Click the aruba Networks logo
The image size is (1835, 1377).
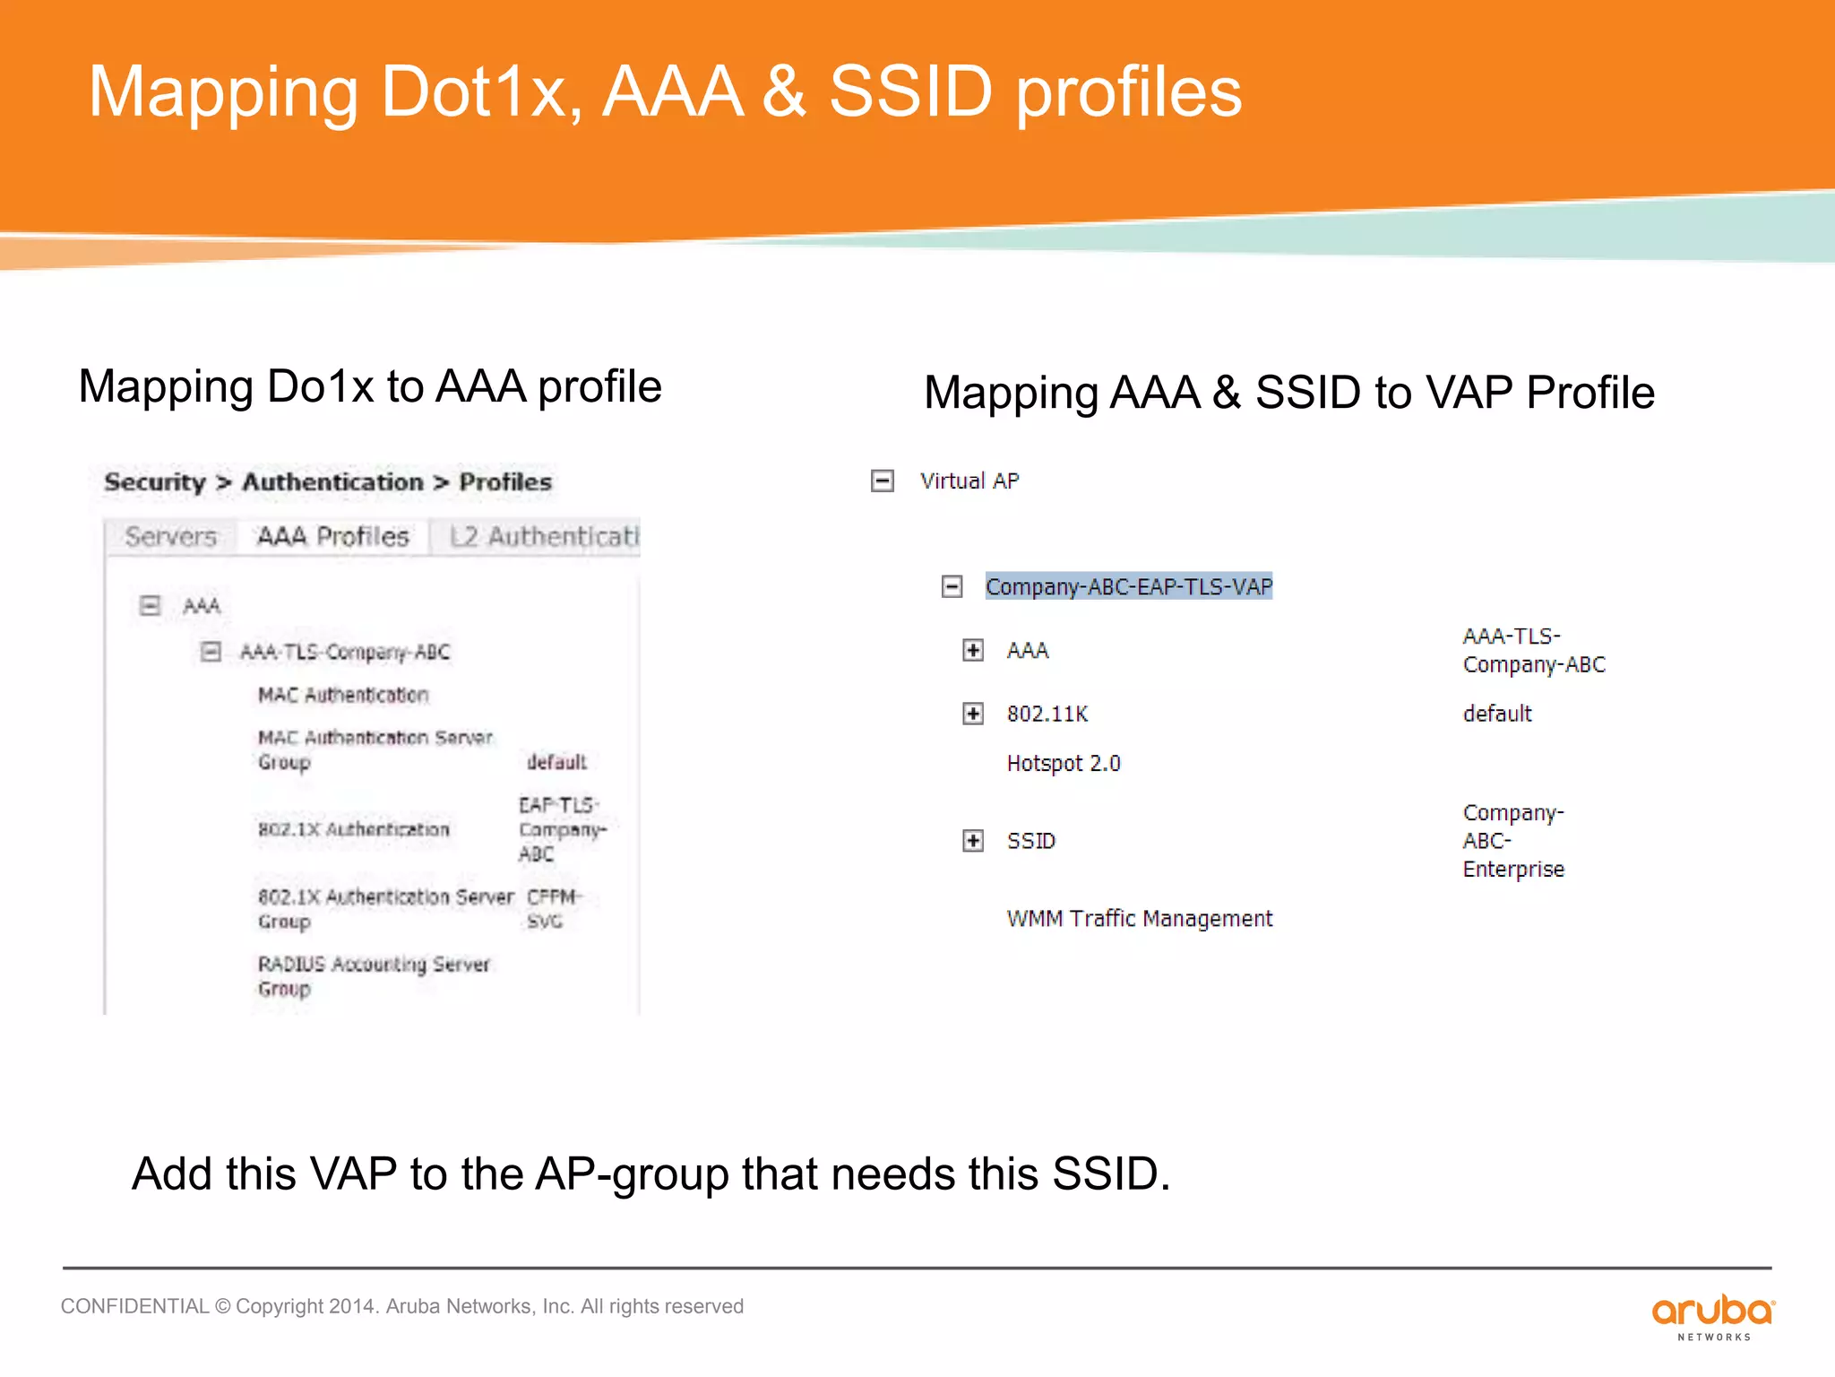click(1712, 1316)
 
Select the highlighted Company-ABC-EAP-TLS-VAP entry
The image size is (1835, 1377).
click(1128, 586)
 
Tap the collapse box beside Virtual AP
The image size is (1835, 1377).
click(883, 481)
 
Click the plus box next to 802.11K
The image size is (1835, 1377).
click(973, 714)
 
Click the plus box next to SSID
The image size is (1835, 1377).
click(973, 841)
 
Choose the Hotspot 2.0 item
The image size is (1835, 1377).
click(1064, 763)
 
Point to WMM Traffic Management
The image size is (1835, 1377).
click(1139, 919)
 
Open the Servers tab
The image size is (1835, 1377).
click(171, 537)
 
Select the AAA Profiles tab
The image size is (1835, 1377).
click(332, 537)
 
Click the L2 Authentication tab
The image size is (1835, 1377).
click(543, 537)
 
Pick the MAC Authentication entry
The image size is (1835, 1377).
click(343, 695)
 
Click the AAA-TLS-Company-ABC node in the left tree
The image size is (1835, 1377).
click(345, 652)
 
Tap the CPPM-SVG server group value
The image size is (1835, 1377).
click(552, 909)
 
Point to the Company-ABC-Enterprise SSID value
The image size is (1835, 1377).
click(1513, 841)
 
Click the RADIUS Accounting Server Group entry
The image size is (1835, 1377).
click(373, 975)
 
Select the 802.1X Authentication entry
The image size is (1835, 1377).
click(353, 829)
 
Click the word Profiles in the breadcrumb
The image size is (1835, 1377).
click(505, 482)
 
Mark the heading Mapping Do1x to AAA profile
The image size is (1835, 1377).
click(370, 386)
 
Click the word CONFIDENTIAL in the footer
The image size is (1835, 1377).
click(134, 1306)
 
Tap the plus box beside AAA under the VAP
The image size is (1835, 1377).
click(973, 650)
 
